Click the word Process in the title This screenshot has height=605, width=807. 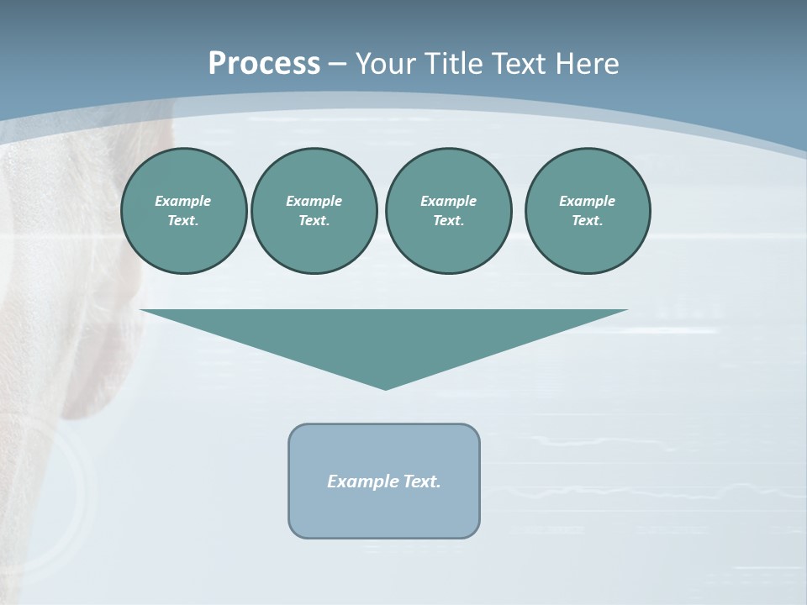coord(264,64)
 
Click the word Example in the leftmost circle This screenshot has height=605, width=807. coord(183,201)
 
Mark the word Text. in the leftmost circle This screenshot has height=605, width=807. coord(183,221)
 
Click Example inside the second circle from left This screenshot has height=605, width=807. coord(314,201)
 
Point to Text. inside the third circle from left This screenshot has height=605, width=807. coord(448,221)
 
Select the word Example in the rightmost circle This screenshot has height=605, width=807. coord(587,201)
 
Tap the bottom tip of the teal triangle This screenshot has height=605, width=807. coord(385,387)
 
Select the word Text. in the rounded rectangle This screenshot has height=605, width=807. coord(422,481)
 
